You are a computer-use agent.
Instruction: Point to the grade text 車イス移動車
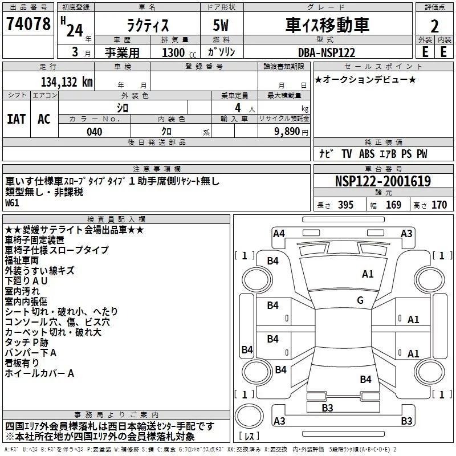click(x=327, y=25)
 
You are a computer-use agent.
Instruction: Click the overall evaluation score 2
click(x=435, y=26)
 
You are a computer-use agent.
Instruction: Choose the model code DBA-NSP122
click(x=327, y=52)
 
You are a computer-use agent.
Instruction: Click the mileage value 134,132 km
click(x=67, y=82)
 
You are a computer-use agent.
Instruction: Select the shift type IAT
click(x=16, y=119)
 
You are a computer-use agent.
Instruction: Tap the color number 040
click(x=95, y=132)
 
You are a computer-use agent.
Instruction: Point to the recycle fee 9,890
click(x=288, y=132)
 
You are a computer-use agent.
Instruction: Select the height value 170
click(x=439, y=205)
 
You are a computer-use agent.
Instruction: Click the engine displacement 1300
click(x=173, y=52)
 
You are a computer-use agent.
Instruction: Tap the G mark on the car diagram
click(x=360, y=300)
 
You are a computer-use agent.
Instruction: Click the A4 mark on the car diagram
click(x=279, y=233)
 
